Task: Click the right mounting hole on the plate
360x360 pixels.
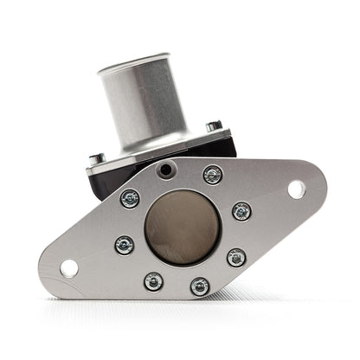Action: [296, 188]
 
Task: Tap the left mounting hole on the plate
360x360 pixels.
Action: [69, 267]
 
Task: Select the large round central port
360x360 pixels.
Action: [183, 226]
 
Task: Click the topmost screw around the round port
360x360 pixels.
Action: [212, 175]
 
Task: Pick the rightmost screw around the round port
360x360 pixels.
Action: [242, 211]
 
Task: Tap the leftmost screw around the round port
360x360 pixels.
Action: [125, 245]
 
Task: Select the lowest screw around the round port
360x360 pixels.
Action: [200, 286]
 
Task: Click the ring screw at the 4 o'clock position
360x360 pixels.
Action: [236, 257]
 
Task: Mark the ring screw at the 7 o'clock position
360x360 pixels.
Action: [154, 281]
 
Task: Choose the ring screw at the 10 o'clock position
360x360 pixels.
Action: [130, 199]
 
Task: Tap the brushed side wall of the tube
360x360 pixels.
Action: [156, 100]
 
